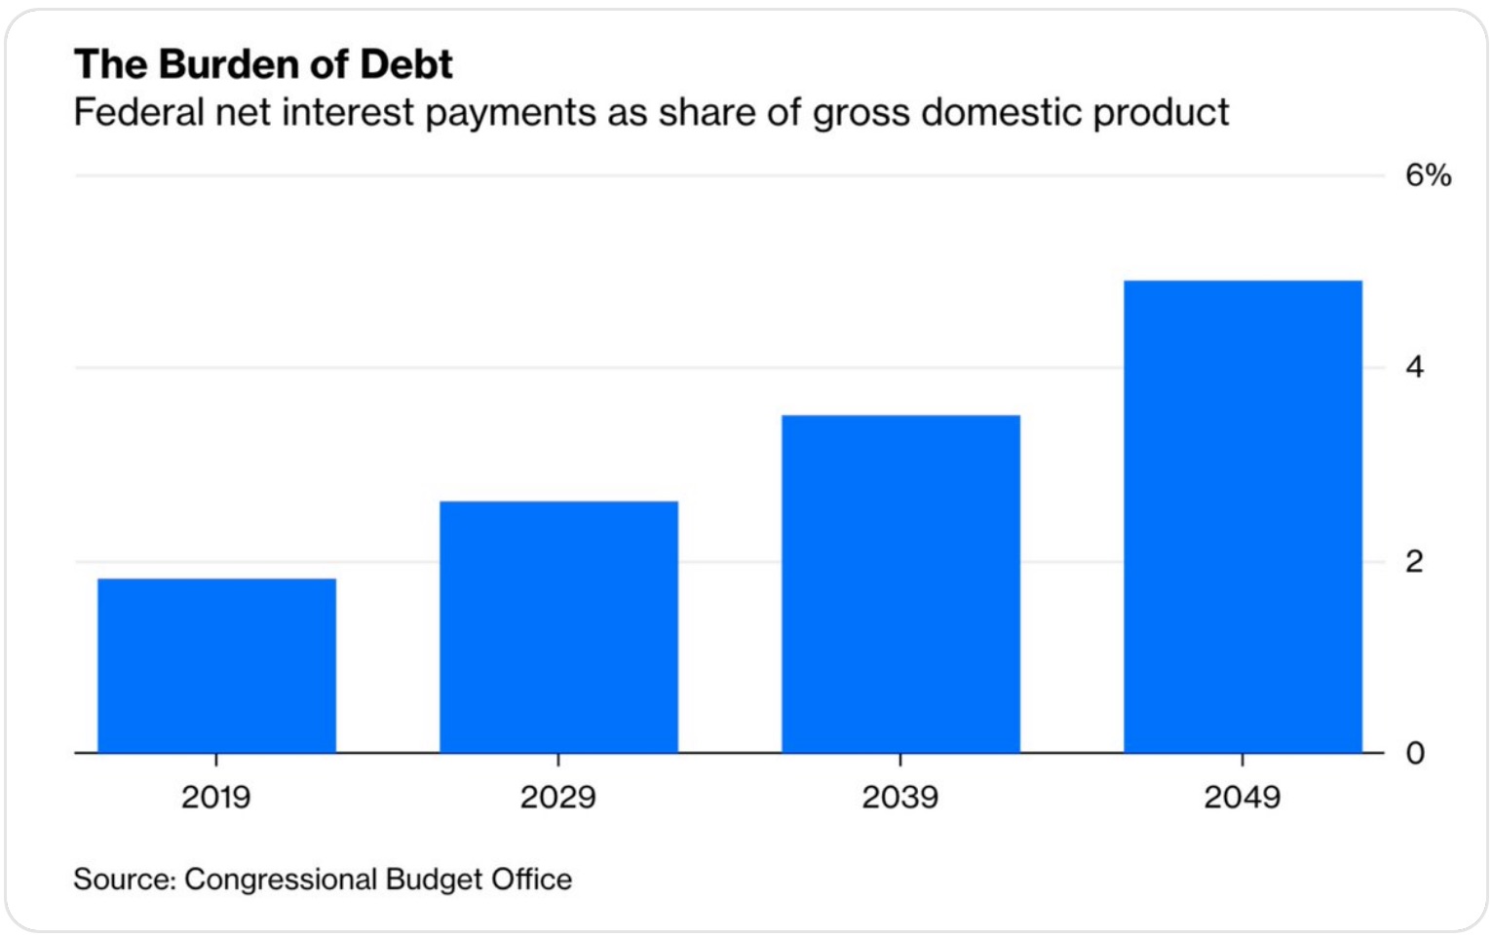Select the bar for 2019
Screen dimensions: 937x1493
pyautogui.click(x=216, y=665)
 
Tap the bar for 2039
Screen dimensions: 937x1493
pyautogui.click(x=900, y=583)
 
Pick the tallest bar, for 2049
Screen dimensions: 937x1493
pyautogui.click(x=1243, y=516)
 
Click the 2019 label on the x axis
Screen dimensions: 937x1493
pyautogui.click(x=216, y=798)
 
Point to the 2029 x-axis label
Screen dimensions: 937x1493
pyautogui.click(x=557, y=798)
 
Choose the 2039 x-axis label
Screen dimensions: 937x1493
pyautogui.click(x=900, y=798)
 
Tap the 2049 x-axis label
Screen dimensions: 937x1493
pyautogui.click(x=1242, y=798)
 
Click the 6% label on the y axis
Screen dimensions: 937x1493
pyautogui.click(x=1428, y=175)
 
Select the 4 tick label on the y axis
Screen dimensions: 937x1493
pyautogui.click(x=1415, y=367)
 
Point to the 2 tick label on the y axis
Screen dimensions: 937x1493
pyautogui.click(x=1415, y=561)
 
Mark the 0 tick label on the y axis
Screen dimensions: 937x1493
pyautogui.click(x=1415, y=753)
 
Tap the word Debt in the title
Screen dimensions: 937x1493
pyautogui.click(x=406, y=64)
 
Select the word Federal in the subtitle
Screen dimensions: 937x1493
pyautogui.click(x=138, y=112)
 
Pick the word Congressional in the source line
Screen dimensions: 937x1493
pyautogui.click(x=280, y=880)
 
